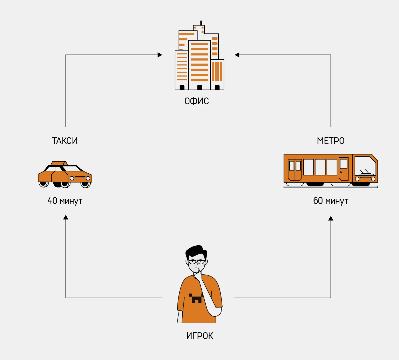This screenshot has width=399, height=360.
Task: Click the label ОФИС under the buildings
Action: click(197, 101)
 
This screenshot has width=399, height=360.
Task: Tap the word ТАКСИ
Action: click(65, 141)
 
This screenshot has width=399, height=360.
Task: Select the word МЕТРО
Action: click(331, 141)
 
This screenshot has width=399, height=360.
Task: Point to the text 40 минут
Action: click(65, 201)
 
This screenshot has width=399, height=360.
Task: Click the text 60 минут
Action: click(331, 201)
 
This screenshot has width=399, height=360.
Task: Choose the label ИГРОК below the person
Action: click(199, 336)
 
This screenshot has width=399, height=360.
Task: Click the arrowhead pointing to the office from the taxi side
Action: click(160, 55)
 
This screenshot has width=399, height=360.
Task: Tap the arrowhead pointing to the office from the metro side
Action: click(237, 55)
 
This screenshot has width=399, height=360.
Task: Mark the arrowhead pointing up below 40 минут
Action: click(66, 217)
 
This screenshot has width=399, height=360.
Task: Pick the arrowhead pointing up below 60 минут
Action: click(331, 218)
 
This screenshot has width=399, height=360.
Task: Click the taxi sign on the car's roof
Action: click(59, 163)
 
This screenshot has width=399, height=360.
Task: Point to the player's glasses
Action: click(197, 262)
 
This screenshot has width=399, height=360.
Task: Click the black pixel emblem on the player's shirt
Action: click(196, 298)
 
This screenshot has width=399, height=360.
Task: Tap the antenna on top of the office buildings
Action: click(201, 23)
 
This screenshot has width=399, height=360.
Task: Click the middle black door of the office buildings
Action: click(199, 87)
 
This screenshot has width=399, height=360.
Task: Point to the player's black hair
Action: click(196, 251)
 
